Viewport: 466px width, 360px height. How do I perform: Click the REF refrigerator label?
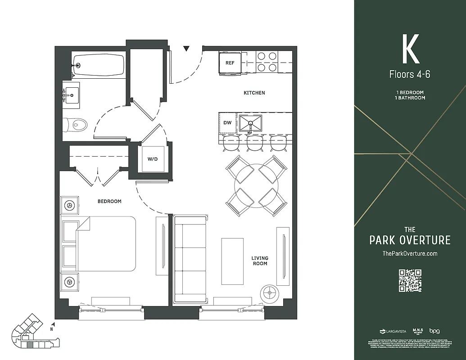[x=230, y=63]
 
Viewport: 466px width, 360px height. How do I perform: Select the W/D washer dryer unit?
[x=153, y=159]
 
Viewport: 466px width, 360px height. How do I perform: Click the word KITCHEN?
[x=254, y=93]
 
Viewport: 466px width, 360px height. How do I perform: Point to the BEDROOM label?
[x=109, y=202]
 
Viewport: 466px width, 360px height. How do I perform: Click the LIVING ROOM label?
[x=260, y=261]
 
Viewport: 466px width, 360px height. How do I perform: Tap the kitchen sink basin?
[x=250, y=122]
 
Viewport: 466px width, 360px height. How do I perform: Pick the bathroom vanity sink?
[x=71, y=95]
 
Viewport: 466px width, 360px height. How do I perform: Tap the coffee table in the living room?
[x=232, y=261]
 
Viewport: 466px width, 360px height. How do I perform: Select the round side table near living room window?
[x=270, y=293]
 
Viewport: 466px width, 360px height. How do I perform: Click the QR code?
[x=410, y=280]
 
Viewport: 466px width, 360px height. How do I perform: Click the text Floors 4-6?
[x=410, y=74]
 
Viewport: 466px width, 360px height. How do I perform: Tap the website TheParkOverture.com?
[x=410, y=254]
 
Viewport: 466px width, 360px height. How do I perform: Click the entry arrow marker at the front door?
[x=186, y=49]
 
